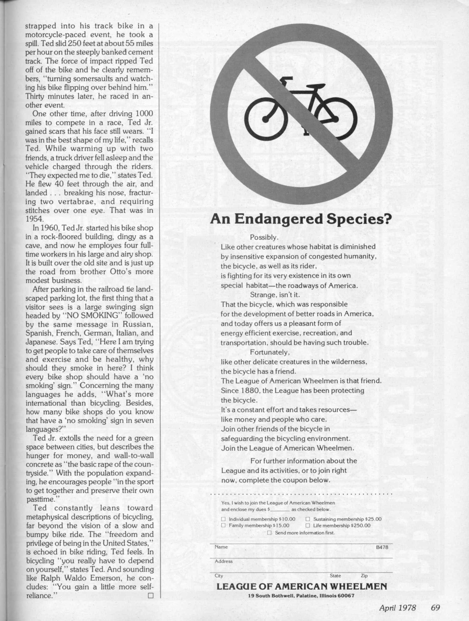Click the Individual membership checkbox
point(223,519)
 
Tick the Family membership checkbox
point(223,525)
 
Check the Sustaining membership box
point(307,519)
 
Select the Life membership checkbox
point(307,525)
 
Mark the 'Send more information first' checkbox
point(270,533)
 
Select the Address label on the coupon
point(224,561)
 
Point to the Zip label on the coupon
point(364,575)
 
